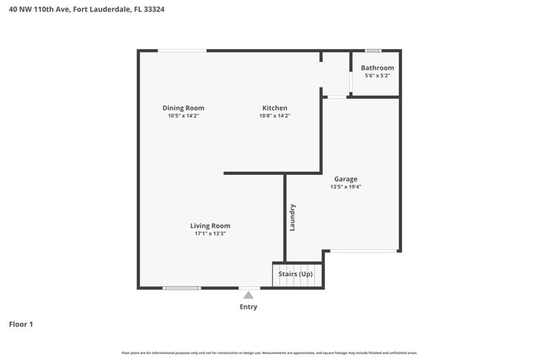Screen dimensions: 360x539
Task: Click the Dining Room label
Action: [183, 108]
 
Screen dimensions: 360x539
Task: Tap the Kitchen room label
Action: [274, 108]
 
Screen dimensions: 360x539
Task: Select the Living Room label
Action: [210, 226]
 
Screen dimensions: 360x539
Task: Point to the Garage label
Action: [346, 179]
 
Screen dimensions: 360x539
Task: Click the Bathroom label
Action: [377, 68]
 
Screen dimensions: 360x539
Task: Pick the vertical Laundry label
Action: [293, 217]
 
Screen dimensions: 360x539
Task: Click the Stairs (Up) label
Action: [295, 274]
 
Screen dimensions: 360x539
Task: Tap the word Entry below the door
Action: [249, 307]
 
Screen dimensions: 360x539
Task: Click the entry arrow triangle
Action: [248, 294]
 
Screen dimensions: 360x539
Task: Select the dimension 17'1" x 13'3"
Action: [210, 234]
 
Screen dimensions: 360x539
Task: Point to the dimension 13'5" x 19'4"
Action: [346, 187]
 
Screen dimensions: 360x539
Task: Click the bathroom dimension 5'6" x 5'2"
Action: [377, 76]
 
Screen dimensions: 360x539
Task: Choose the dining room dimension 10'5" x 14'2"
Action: [183, 116]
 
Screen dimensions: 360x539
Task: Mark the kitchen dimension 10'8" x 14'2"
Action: [274, 116]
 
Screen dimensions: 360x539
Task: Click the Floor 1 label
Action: [21, 324]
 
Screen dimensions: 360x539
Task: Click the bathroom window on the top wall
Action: [374, 51]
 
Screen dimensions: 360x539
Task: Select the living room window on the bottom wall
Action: [182, 288]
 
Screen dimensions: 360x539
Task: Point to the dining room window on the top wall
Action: [183, 51]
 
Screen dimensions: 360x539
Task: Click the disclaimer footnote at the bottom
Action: [269, 353]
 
